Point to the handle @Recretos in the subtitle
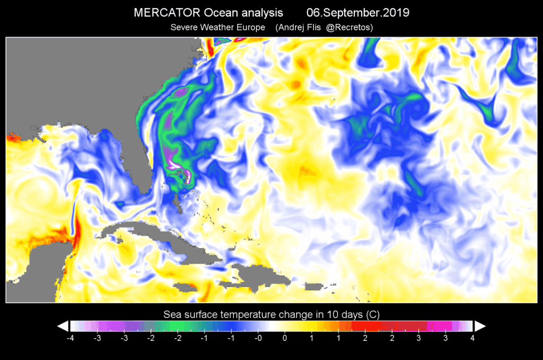click(x=350, y=28)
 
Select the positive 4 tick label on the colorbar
click(x=472, y=338)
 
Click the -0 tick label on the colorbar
click(x=258, y=338)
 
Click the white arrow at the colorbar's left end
click(x=63, y=326)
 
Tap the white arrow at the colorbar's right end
click(x=480, y=326)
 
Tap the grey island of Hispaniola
click(x=249, y=276)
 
